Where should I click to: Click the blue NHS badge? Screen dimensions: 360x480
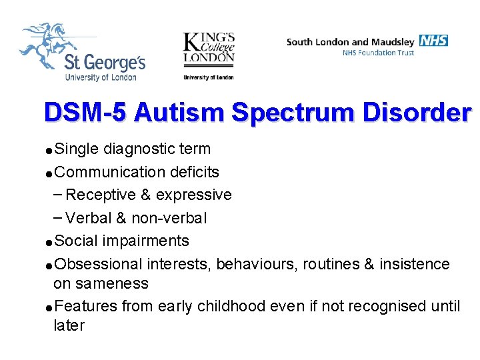click(x=434, y=41)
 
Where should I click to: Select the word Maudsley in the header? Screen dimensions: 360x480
click(x=393, y=42)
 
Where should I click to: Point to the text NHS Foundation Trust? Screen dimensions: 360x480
click(x=378, y=53)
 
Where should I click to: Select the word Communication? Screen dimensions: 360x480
click(x=109, y=172)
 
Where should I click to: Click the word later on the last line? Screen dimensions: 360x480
click(x=69, y=325)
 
